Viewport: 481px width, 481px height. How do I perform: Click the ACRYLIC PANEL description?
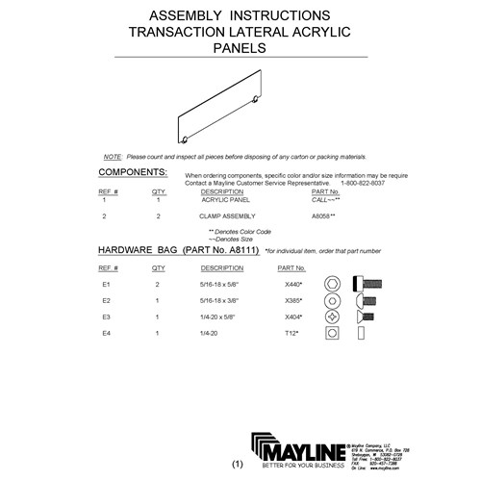click(x=225, y=199)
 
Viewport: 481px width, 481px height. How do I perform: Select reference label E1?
click(x=108, y=285)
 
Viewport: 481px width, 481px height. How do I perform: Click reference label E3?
click(x=108, y=316)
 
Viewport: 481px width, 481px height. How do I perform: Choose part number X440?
click(x=291, y=285)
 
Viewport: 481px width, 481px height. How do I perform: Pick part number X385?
click(x=291, y=300)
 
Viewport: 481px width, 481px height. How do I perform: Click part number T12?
click(x=290, y=332)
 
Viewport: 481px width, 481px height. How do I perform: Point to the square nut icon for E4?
click(x=332, y=332)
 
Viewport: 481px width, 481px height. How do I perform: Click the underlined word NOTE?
click(x=112, y=156)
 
